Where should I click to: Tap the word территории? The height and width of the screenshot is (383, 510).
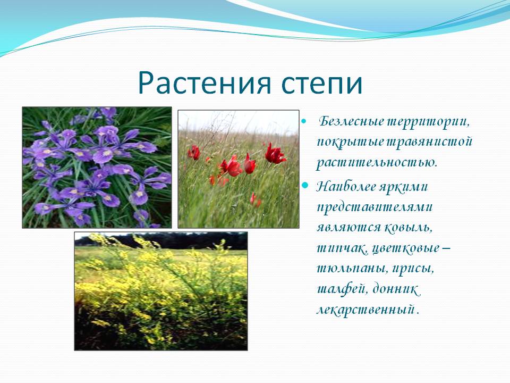428,122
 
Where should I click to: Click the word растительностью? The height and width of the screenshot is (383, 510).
377,163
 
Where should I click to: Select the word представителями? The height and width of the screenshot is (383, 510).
375,207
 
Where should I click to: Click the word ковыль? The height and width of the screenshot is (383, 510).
409,227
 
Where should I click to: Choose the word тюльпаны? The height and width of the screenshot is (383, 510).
352,269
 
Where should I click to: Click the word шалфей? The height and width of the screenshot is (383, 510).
343,289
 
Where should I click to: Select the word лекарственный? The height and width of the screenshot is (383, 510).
366,310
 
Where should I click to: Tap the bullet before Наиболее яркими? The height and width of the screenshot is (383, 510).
305,185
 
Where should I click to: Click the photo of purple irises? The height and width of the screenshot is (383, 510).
97,168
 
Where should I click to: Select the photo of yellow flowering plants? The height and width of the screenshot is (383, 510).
161,291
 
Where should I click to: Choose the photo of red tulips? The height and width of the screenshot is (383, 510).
239,169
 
